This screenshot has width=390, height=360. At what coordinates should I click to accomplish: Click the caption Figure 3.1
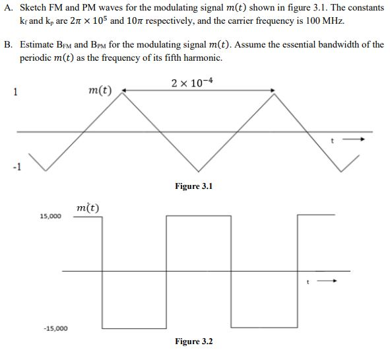tap(193, 186)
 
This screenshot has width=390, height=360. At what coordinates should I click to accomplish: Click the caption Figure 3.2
tap(193, 342)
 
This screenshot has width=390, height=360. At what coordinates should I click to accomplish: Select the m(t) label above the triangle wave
tap(100, 90)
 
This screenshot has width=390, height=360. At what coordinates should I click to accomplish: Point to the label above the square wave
tap(88, 208)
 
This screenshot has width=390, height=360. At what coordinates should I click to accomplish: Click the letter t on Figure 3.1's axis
tap(334, 140)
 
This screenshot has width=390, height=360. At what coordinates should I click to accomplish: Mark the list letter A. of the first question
tap(9, 7)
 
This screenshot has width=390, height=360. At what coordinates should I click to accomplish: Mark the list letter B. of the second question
tap(9, 45)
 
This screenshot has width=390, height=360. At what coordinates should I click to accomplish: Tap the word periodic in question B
tap(37, 57)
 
